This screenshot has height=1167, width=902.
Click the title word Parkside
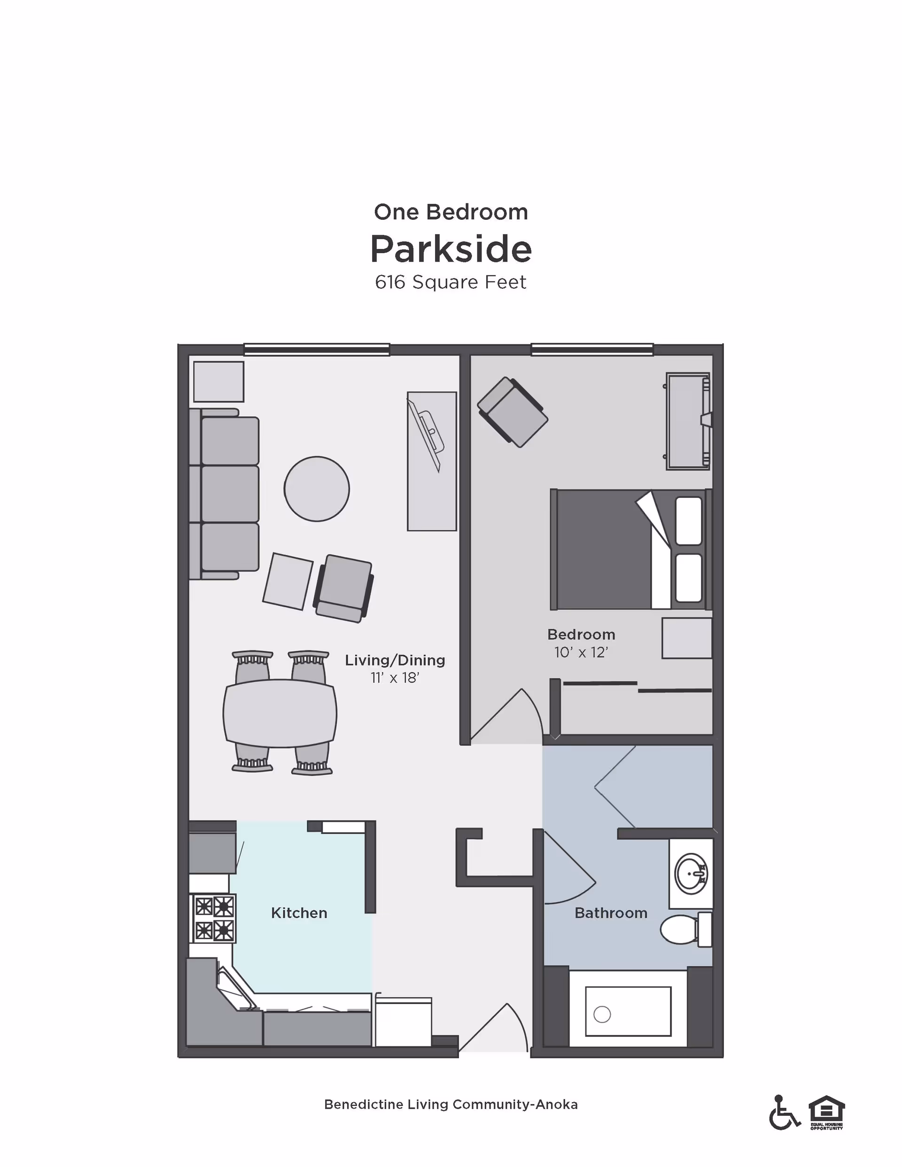(x=451, y=249)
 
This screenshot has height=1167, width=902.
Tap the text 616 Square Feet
(x=451, y=282)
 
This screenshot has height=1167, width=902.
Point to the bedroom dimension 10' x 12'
(x=581, y=652)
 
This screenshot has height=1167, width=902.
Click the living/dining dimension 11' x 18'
(x=395, y=678)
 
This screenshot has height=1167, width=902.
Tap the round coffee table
(x=317, y=488)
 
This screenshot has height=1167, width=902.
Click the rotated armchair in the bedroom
(x=512, y=412)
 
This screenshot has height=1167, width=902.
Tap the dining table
(x=280, y=713)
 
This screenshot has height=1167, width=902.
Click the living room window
(x=317, y=350)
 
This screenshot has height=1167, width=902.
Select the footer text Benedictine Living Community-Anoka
(x=451, y=1105)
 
